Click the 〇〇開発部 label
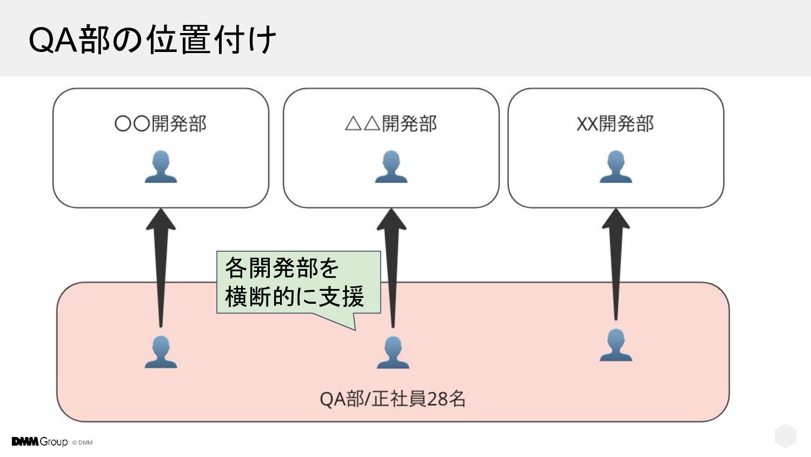click(161, 124)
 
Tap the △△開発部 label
click(390, 124)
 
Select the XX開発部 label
click(615, 124)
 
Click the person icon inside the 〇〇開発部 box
click(161, 167)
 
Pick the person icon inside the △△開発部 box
click(391, 167)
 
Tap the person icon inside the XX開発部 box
click(615, 167)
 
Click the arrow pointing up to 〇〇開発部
click(161, 265)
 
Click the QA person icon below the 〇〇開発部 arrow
click(161, 352)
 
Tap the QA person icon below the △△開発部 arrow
click(393, 352)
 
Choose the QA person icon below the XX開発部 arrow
click(615, 345)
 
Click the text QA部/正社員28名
click(393, 399)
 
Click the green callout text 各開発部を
click(282, 267)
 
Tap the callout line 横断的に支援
click(295, 296)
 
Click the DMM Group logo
click(39, 442)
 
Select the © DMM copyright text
click(83, 442)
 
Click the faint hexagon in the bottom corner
click(785, 436)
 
